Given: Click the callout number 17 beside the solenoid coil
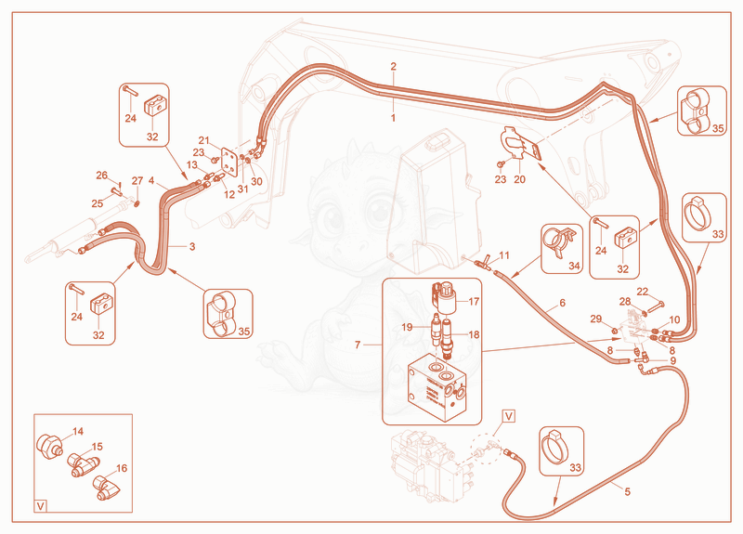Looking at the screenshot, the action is click(x=474, y=301).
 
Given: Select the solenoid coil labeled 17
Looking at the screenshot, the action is click(x=446, y=297).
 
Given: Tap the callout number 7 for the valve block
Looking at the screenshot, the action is click(x=358, y=345).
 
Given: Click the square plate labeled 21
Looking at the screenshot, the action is click(x=230, y=162).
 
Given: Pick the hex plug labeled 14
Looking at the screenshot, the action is click(x=49, y=447).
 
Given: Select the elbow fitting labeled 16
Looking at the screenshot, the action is click(x=106, y=488).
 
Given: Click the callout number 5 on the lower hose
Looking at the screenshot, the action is click(x=628, y=492).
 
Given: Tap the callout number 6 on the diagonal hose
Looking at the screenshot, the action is click(x=563, y=303).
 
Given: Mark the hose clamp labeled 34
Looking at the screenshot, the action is click(x=559, y=241).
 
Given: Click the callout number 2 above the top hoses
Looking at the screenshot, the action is click(x=393, y=66).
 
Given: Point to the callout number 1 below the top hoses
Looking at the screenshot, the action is click(x=393, y=118).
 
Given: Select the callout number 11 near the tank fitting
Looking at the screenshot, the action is click(x=504, y=256).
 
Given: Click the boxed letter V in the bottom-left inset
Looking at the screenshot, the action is click(x=41, y=506).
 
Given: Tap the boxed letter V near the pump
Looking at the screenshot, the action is click(x=508, y=416).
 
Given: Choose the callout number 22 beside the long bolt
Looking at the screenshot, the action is click(x=642, y=292).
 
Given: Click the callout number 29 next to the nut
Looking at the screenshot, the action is click(x=595, y=319).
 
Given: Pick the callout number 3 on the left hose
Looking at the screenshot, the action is click(x=192, y=246).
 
